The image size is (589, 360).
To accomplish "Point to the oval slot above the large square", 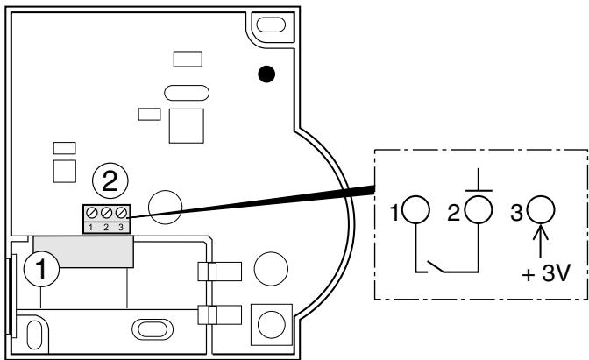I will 185,94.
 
